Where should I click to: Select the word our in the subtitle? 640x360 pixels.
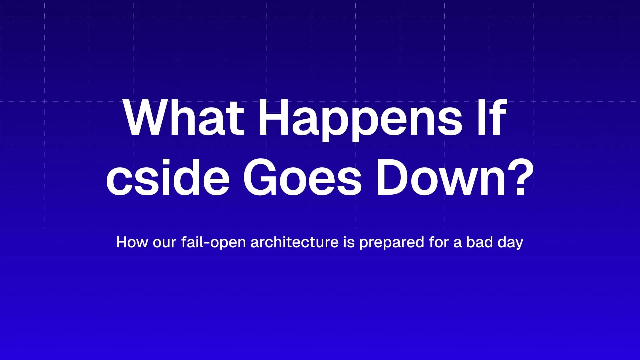[x=164, y=244]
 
